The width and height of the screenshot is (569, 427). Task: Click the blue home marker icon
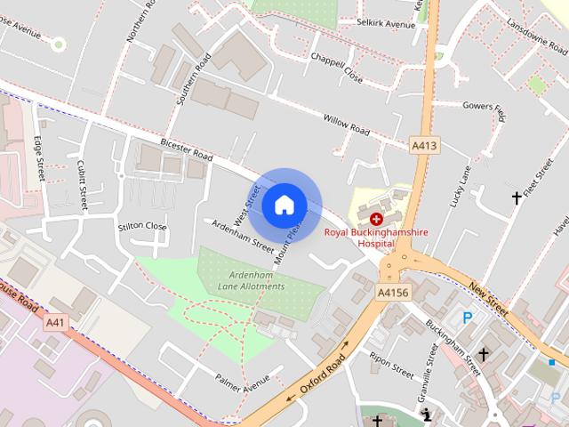pyautogui.click(x=284, y=205)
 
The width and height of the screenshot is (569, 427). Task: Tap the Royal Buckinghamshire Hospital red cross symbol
pyautogui.click(x=376, y=218)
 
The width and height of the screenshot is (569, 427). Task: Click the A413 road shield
pyautogui.click(x=423, y=144)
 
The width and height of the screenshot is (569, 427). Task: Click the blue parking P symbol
pyautogui.click(x=468, y=318)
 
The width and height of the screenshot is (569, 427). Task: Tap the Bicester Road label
pyautogui.click(x=187, y=149)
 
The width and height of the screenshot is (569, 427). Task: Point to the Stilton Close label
pyautogui.click(x=142, y=227)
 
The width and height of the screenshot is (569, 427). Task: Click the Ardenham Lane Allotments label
pyautogui.click(x=252, y=281)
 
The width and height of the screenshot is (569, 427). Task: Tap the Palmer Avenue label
pyautogui.click(x=242, y=382)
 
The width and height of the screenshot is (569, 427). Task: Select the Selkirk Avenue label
pyautogui.click(x=386, y=23)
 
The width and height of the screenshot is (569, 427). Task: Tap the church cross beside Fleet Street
pyautogui.click(x=517, y=197)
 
